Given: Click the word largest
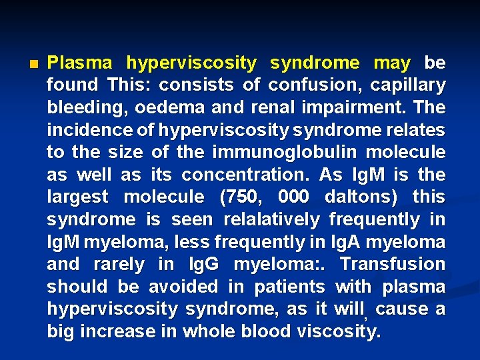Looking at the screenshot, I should (79, 197).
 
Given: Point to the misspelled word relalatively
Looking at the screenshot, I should (279, 220).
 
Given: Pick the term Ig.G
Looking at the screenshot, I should (203, 265).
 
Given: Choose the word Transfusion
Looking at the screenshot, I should (393, 265).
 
